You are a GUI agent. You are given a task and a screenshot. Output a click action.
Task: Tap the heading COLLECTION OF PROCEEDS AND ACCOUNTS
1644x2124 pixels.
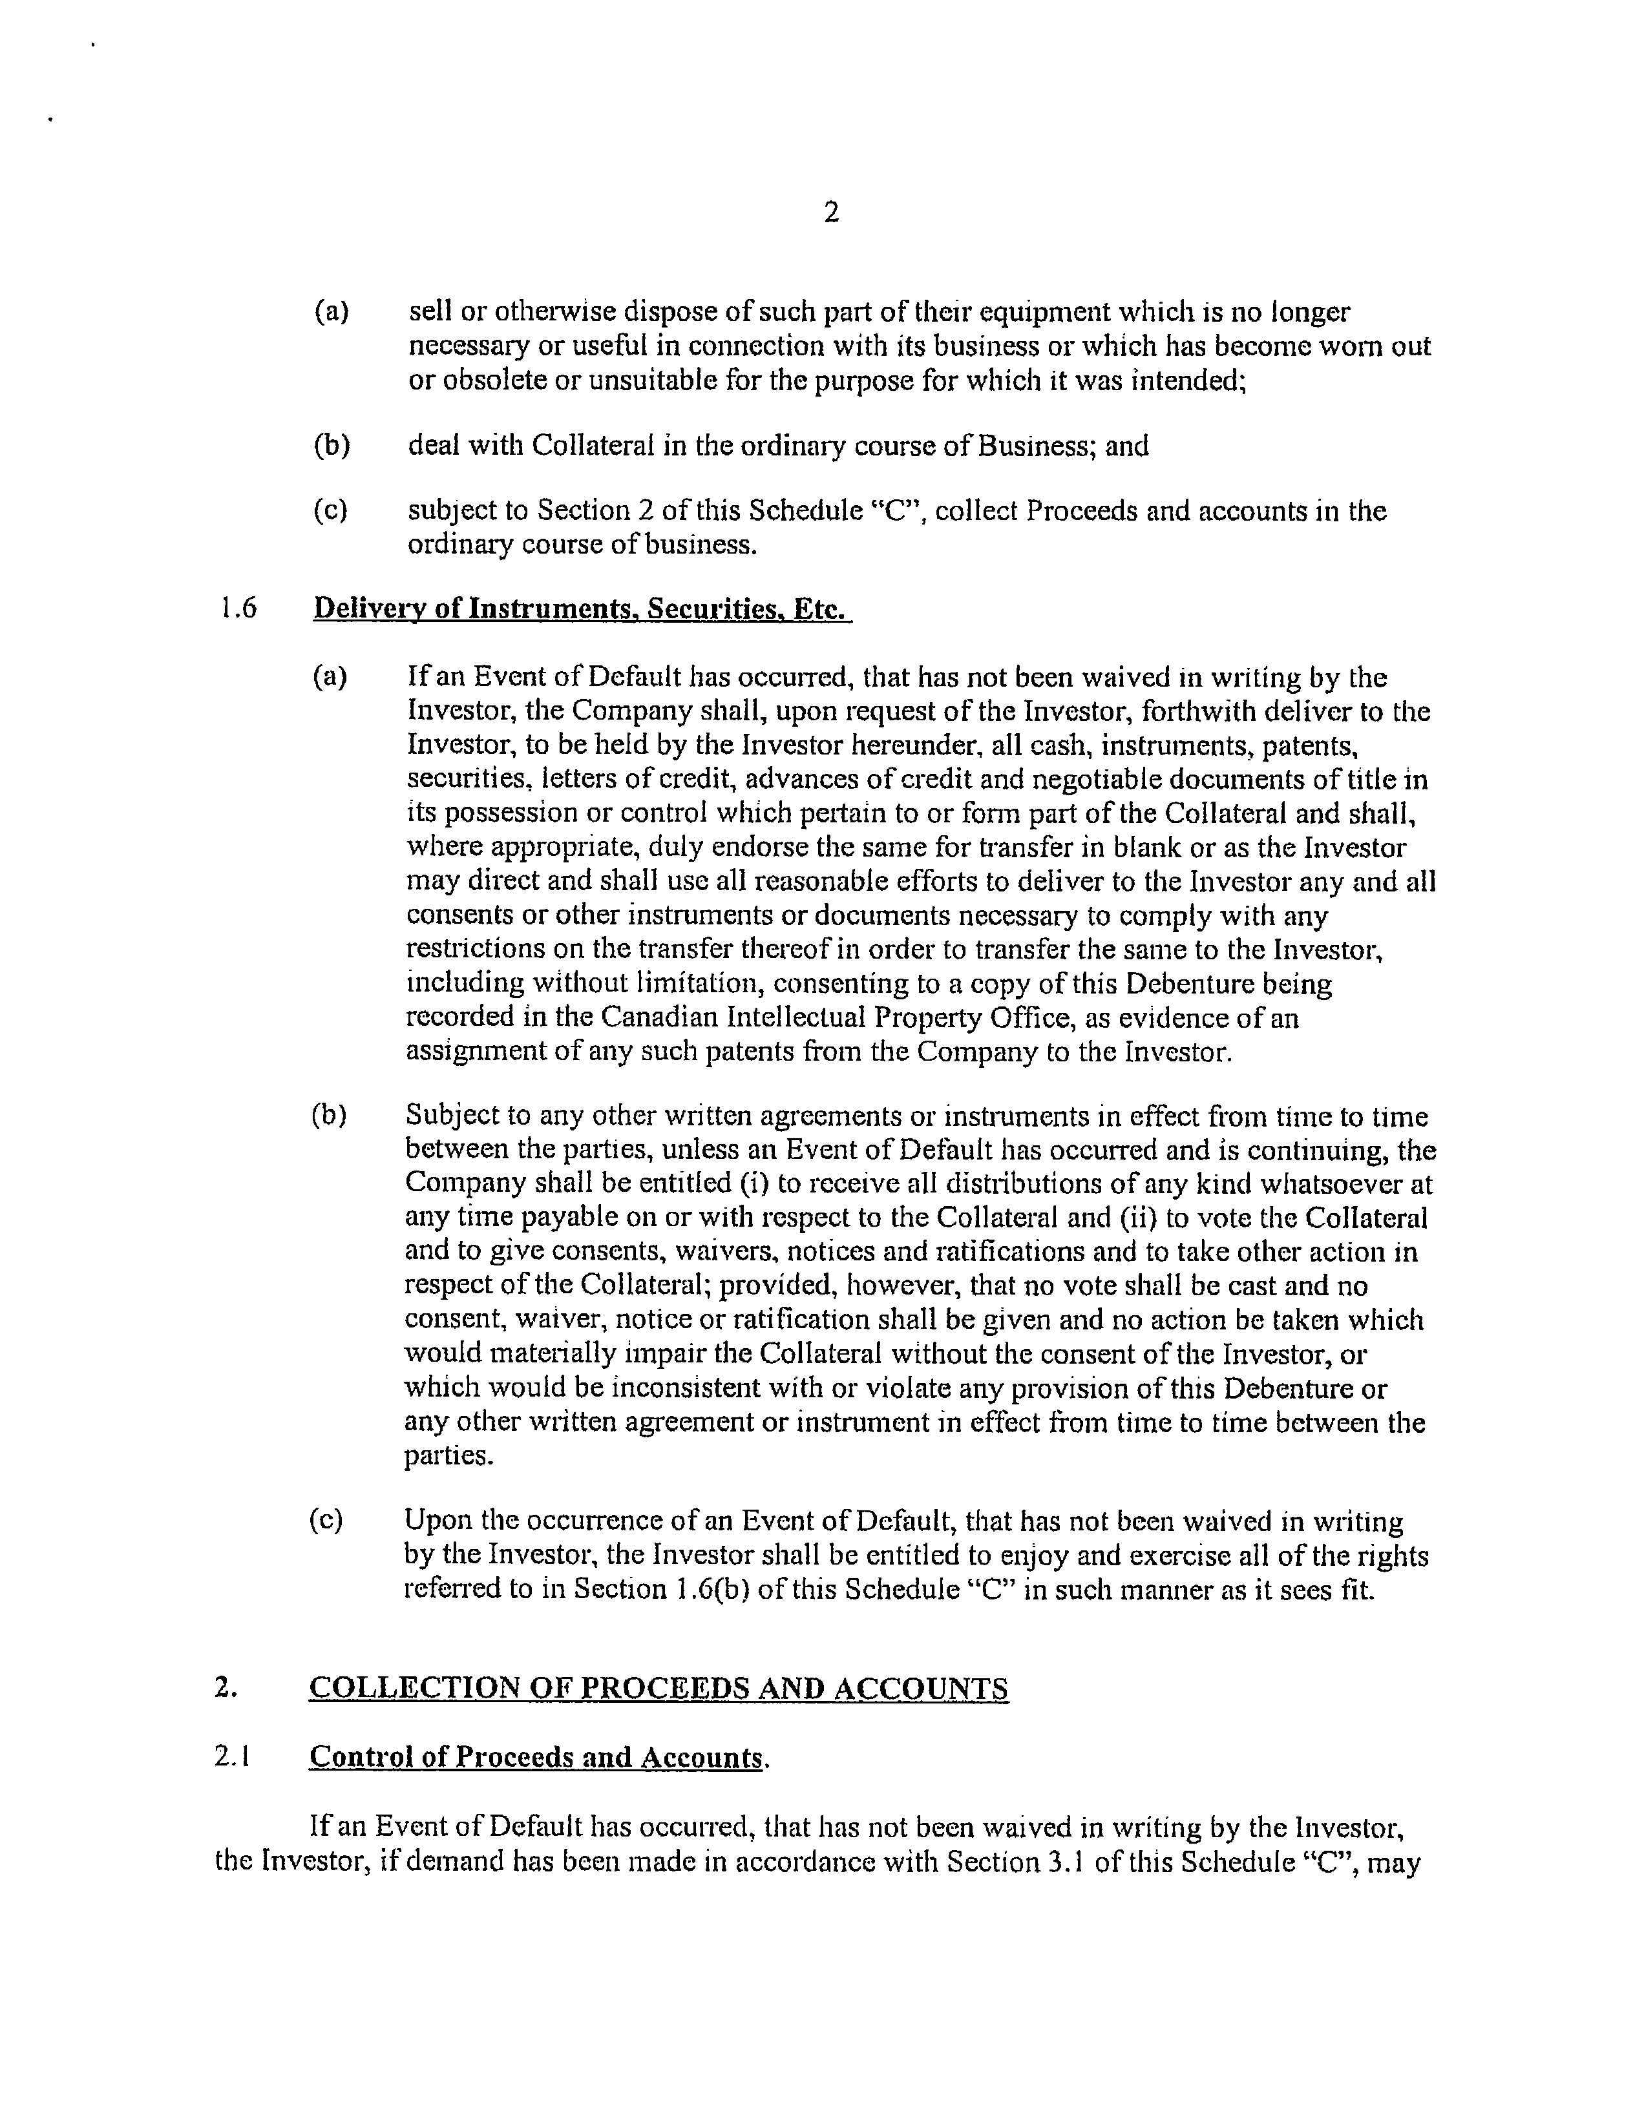[x=659, y=1689]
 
